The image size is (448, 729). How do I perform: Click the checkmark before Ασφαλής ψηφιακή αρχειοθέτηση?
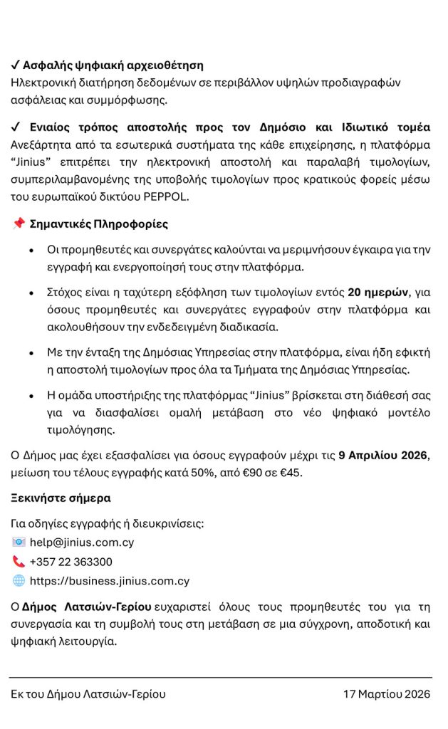click(16, 65)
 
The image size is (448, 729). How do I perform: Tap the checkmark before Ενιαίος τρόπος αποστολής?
click(16, 127)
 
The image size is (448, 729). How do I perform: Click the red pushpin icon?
click(19, 224)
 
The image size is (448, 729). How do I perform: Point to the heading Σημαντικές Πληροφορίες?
click(99, 224)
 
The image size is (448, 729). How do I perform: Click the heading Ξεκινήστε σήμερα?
click(61, 498)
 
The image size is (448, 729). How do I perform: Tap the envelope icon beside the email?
click(19, 542)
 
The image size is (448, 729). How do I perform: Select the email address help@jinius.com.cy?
click(82, 542)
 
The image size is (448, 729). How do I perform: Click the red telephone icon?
click(19, 562)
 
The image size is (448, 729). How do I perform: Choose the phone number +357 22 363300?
click(71, 562)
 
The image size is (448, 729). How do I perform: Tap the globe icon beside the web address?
click(19, 580)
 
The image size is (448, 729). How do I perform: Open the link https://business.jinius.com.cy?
click(110, 581)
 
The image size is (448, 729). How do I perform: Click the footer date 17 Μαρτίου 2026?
click(387, 694)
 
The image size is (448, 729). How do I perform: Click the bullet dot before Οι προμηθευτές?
click(31, 251)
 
